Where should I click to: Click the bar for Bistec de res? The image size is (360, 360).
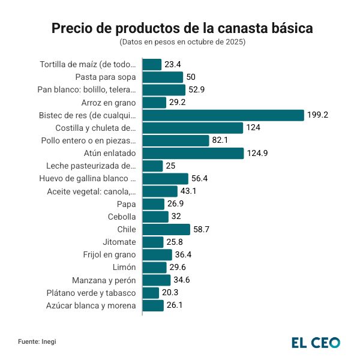click(x=223, y=115)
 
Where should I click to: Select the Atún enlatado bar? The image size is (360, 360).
click(x=193, y=153)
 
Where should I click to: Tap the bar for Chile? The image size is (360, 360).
click(x=166, y=229)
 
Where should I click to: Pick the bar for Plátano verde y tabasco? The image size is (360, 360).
click(x=151, y=293)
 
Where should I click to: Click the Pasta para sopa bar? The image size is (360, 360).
click(x=163, y=77)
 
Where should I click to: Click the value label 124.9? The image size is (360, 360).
click(x=259, y=153)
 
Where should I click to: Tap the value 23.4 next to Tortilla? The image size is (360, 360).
click(x=174, y=64)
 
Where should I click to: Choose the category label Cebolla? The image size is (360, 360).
click(x=121, y=217)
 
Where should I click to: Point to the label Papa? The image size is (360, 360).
click(x=127, y=204)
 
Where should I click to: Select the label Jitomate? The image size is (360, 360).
click(x=119, y=242)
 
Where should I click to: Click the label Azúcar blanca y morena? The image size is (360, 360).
click(x=91, y=305)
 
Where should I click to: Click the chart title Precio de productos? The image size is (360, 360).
click(x=182, y=28)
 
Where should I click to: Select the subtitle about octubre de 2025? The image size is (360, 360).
click(x=182, y=42)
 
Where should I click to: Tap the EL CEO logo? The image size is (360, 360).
click(x=316, y=342)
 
